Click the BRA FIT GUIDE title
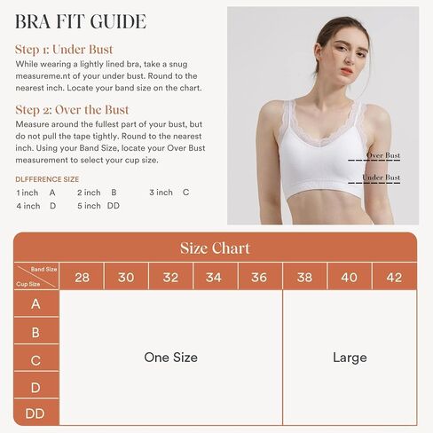pyautogui.click(x=81, y=21)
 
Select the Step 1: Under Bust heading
pyautogui.click(x=64, y=50)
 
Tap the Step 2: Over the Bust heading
pyautogui.click(x=72, y=110)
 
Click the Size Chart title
pyautogui.click(x=215, y=248)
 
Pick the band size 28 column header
pyautogui.click(x=82, y=278)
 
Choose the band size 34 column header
pyautogui.click(x=214, y=278)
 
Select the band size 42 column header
pyautogui.click(x=394, y=278)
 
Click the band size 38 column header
pyautogui.click(x=304, y=278)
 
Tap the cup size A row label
pyautogui.click(x=35, y=303)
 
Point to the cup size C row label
pyautogui.click(x=35, y=360)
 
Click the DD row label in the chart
pyautogui.click(x=35, y=413)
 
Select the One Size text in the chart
pyautogui.click(x=170, y=358)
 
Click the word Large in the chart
pyautogui.click(x=350, y=358)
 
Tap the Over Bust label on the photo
pyautogui.click(x=383, y=155)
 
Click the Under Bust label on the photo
pyautogui.click(x=382, y=177)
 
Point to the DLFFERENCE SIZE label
pyautogui.click(x=47, y=179)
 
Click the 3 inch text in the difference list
pyautogui.click(x=161, y=193)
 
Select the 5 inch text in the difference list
pyautogui.click(x=89, y=206)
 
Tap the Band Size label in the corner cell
pyautogui.click(x=43, y=269)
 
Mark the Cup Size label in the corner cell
pyautogui.click(x=28, y=284)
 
